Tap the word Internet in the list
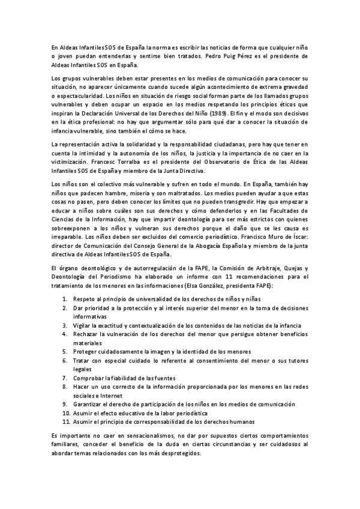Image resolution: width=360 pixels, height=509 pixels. tap(104, 396)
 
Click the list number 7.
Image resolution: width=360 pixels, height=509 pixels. tap(65, 379)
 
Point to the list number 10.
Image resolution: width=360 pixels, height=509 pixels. tap(67, 414)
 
